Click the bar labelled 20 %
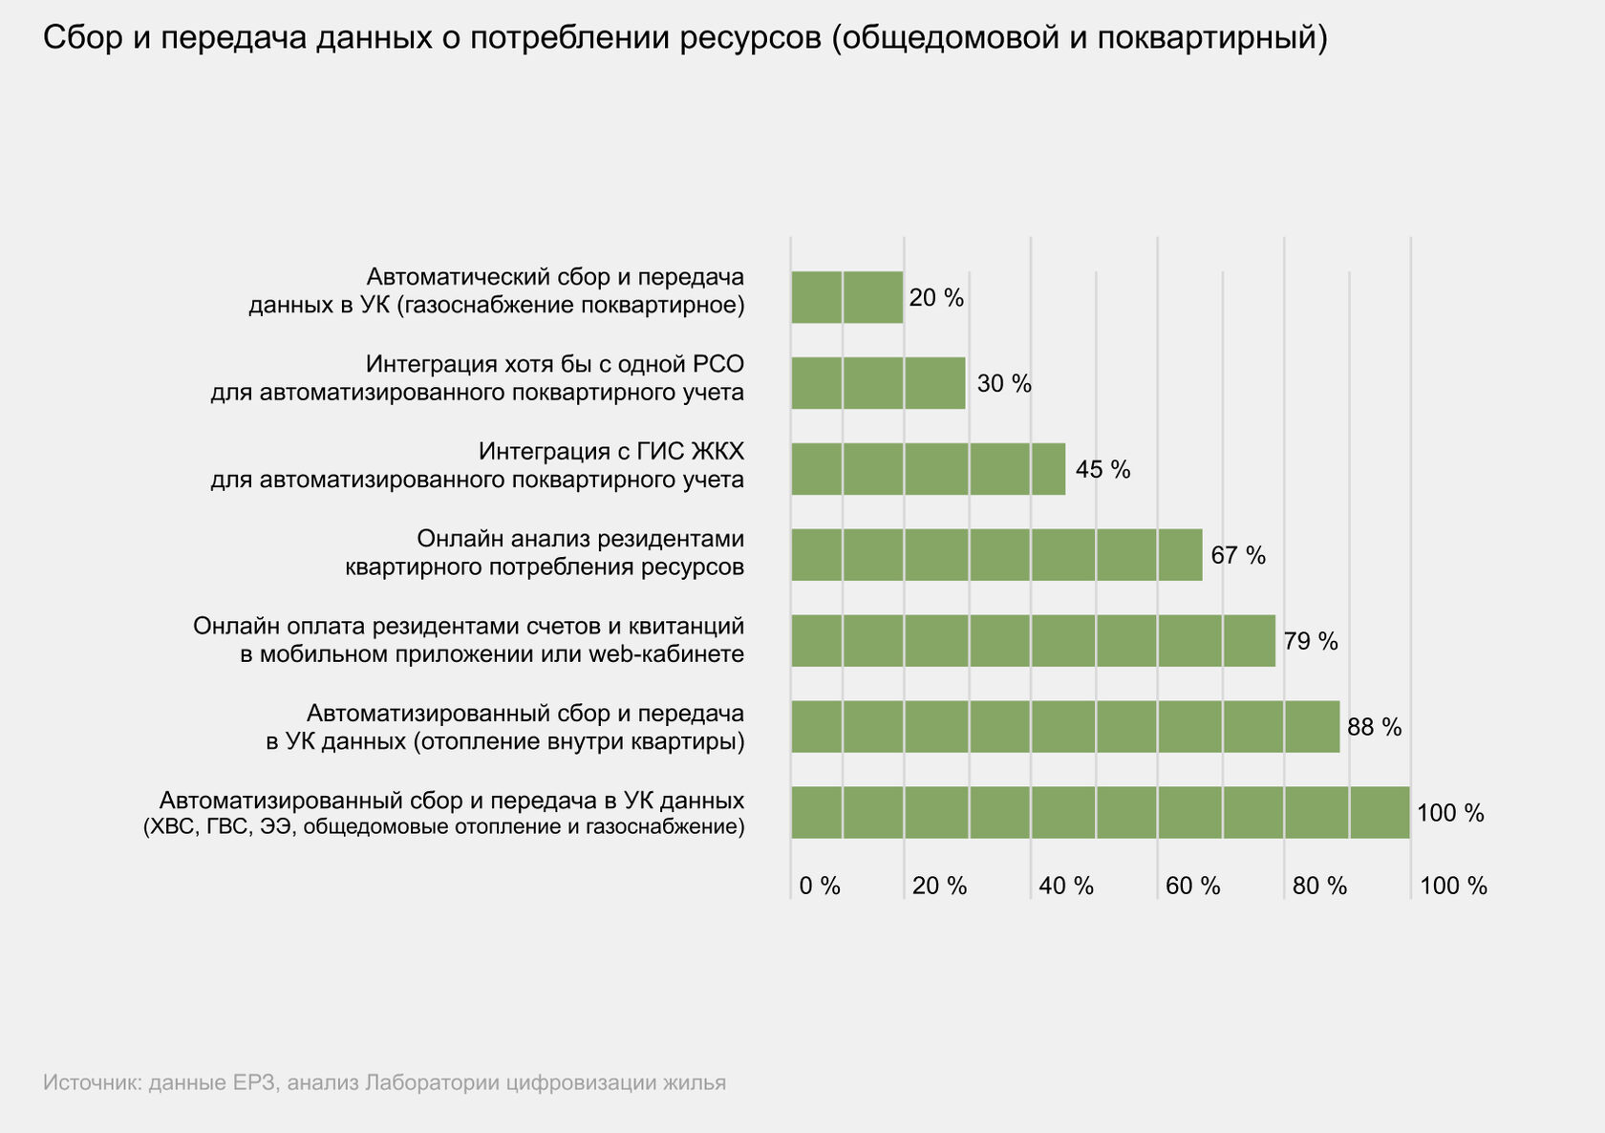[x=846, y=297]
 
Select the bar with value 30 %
[x=878, y=383]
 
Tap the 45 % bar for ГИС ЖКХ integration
[x=928, y=469]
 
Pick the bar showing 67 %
[x=996, y=555]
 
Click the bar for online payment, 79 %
[x=1033, y=641]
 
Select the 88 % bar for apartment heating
[x=1065, y=727]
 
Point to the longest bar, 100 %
[x=1100, y=813]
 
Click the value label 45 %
[x=1102, y=470]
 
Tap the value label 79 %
[x=1311, y=642]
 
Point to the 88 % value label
[x=1374, y=728]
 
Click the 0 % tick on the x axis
[x=820, y=887]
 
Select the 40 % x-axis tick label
[x=1066, y=887]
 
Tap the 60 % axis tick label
[x=1192, y=887]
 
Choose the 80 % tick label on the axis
[x=1319, y=887]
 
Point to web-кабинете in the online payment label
[x=666, y=654]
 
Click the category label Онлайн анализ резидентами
[x=580, y=539]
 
